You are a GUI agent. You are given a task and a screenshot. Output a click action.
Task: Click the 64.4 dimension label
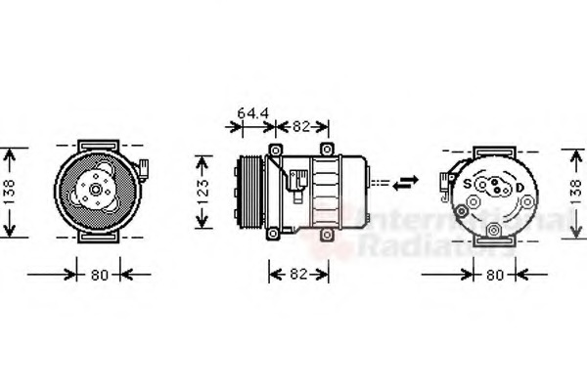click(x=253, y=113)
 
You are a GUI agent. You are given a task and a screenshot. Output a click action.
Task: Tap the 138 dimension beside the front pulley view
click(x=9, y=193)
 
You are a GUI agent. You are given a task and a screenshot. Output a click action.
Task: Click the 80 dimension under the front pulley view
click(x=99, y=276)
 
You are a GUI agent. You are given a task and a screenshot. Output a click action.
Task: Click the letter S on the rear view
click(x=468, y=184)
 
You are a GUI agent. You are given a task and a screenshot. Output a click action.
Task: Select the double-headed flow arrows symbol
click(x=404, y=181)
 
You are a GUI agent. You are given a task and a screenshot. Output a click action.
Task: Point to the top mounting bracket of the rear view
click(x=494, y=147)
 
